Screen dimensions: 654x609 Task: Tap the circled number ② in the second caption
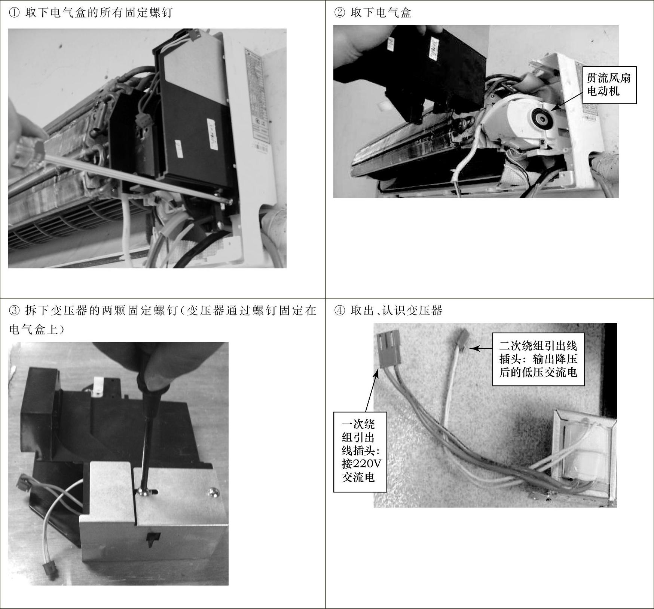[x=339, y=13]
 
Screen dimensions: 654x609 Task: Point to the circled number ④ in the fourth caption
[x=339, y=310]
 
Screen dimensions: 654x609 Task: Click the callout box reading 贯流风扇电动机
[x=609, y=85]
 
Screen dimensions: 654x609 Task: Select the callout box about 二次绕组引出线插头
[x=538, y=359]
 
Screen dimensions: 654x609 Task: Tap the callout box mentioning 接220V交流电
[x=360, y=452]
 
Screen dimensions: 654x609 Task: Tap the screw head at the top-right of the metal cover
[x=214, y=491]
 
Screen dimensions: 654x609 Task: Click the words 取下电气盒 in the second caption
[x=381, y=13]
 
